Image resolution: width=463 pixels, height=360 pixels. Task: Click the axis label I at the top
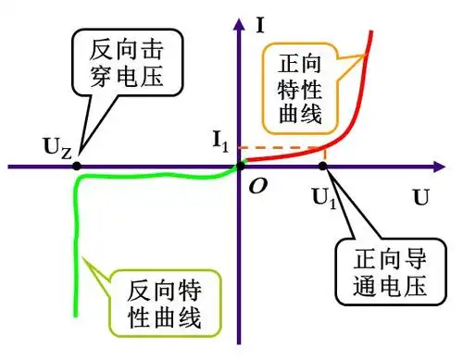point(263,25)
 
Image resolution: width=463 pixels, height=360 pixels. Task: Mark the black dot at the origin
point(242,166)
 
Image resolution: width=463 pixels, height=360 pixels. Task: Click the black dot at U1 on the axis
point(322,167)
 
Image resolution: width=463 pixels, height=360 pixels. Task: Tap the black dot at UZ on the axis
point(76,167)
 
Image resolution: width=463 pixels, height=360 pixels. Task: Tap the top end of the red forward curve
point(371,33)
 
